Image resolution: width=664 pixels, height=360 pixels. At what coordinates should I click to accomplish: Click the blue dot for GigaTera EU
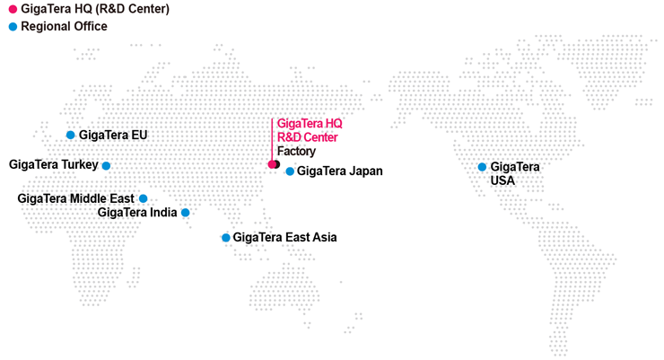pyautogui.click(x=71, y=135)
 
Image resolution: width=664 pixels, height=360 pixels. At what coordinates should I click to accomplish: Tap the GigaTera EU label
pyautogui.click(x=113, y=135)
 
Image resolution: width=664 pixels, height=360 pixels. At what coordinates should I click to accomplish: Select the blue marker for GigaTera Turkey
pyautogui.click(x=106, y=165)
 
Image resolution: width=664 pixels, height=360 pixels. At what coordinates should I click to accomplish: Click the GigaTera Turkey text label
pyautogui.click(x=53, y=164)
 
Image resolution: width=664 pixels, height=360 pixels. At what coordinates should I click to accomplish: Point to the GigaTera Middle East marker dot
pyautogui.click(x=143, y=198)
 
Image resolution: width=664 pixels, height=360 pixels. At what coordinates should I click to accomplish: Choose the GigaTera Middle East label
pyautogui.click(x=75, y=198)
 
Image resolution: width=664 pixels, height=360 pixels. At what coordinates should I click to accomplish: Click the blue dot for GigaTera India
pyautogui.click(x=186, y=213)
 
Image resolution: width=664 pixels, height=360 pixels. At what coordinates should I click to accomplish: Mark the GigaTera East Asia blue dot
pyautogui.click(x=225, y=238)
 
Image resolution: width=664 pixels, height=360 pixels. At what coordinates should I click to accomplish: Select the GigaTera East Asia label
pyautogui.click(x=284, y=238)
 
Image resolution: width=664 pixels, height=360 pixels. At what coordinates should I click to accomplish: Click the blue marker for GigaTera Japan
pyautogui.click(x=290, y=171)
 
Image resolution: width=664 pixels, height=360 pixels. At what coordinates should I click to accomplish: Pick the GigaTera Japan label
pyautogui.click(x=339, y=171)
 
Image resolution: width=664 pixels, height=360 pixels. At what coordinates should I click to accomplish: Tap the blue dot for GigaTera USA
pyautogui.click(x=482, y=167)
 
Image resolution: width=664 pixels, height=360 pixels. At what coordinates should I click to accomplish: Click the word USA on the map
pyautogui.click(x=503, y=180)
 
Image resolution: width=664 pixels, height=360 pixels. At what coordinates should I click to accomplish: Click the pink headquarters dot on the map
pyautogui.click(x=272, y=164)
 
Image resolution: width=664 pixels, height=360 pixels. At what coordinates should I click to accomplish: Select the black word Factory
pyautogui.click(x=296, y=151)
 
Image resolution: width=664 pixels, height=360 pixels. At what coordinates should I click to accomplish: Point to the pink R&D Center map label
pyautogui.click(x=308, y=137)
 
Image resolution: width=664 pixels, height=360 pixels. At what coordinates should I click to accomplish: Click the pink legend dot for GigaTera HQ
pyautogui.click(x=13, y=9)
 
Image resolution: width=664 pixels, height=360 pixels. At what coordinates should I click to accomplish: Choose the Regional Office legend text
pyautogui.click(x=64, y=27)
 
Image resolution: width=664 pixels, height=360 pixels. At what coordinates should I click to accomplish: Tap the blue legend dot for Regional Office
pyautogui.click(x=13, y=27)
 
